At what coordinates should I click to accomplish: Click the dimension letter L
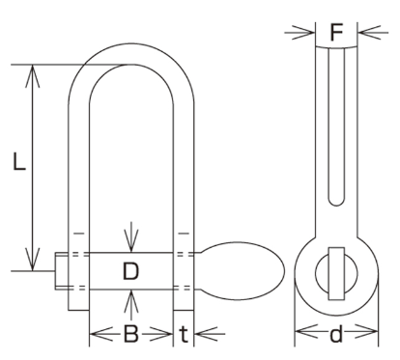pyautogui.click(x=19, y=161)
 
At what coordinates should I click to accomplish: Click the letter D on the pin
pyautogui.click(x=130, y=270)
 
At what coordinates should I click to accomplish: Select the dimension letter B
pyautogui.click(x=131, y=334)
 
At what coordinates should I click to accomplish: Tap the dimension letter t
pyautogui.click(x=184, y=334)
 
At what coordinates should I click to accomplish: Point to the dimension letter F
pyautogui.click(x=336, y=32)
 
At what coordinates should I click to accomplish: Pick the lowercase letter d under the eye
pyautogui.click(x=336, y=333)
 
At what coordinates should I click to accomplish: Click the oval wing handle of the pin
pyautogui.click(x=243, y=271)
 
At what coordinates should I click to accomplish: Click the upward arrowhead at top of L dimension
pyautogui.click(x=33, y=76)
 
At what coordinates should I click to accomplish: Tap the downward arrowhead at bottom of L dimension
pyautogui.click(x=33, y=260)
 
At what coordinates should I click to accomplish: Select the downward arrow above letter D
pyautogui.click(x=131, y=236)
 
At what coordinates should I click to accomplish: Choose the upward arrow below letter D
pyautogui.click(x=131, y=305)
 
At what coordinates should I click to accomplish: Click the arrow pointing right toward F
pyautogui.click(x=300, y=33)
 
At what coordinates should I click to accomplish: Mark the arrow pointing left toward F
pyautogui.click(x=373, y=33)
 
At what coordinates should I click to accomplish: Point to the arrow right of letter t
pyautogui.click(x=211, y=334)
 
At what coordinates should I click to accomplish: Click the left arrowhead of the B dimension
pyautogui.click(x=101, y=334)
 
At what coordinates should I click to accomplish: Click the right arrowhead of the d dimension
pyautogui.click(x=366, y=331)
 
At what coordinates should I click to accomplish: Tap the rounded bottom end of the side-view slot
pyautogui.click(x=336, y=202)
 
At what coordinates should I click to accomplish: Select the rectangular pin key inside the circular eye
pyautogui.click(x=336, y=274)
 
